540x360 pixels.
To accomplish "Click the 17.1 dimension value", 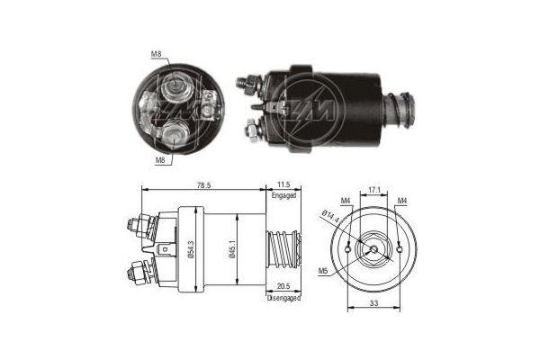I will (x=374, y=190).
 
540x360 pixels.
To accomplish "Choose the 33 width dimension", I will (x=372, y=303).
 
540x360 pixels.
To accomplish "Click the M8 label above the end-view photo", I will (x=157, y=55).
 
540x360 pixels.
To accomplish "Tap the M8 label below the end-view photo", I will (x=159, y=159).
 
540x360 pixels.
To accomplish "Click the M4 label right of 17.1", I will (x=402, y=200).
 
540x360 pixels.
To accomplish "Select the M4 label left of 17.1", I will (x=346, y=200).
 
